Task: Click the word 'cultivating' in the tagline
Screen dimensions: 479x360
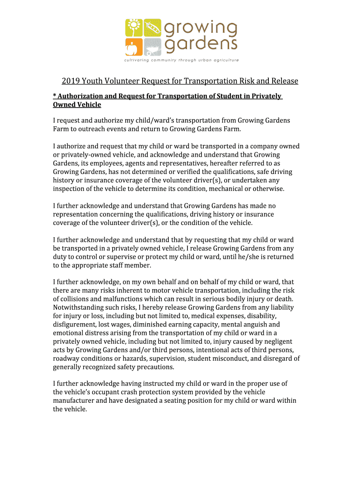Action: [x=137, y=60]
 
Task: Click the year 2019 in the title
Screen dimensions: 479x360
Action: [x=71, y=81]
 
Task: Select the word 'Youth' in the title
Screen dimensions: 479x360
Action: [x=93, y=81]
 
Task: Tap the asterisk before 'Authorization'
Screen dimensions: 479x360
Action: [x=54, y=96]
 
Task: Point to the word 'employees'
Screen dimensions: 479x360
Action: [x=106, y=163]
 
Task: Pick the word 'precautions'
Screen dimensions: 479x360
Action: [x=154, y=367]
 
